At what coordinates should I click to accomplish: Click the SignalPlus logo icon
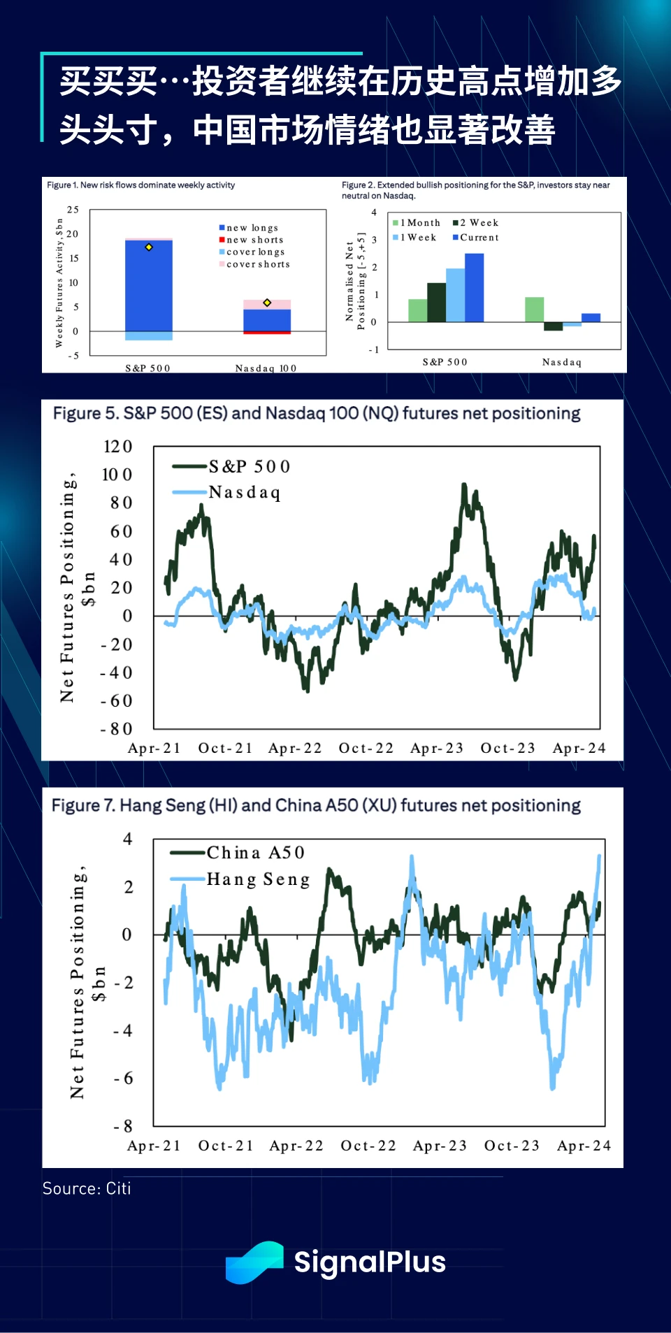point(254,1262)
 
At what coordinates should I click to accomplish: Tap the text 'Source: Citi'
point(87,1188)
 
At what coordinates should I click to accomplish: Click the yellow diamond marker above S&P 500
point(149,247)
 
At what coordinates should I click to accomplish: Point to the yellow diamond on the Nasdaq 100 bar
point(267,303)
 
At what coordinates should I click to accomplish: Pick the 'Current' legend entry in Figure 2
point(479,238)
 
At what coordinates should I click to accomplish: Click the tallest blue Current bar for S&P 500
point(474,287)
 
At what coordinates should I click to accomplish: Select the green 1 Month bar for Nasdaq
point(534,310)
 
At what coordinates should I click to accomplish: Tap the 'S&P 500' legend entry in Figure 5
point(249,466)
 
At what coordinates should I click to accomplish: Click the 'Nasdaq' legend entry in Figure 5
point(244,493)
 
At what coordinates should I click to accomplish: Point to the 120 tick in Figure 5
point(117,447)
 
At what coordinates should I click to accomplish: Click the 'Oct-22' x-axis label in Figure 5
point(366,748)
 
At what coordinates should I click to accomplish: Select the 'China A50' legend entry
point(255,853)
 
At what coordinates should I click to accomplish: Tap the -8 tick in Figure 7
point(123,1126)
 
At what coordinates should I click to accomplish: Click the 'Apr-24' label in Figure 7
point(584,1146)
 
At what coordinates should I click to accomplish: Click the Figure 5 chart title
point(317,414)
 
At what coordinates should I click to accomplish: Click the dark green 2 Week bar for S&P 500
point(436,303)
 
